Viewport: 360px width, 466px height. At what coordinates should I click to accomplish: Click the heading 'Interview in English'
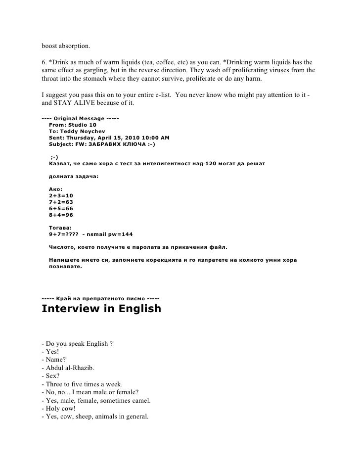coord(101,309)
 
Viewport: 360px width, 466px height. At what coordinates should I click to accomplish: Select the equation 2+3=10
coord(61,196)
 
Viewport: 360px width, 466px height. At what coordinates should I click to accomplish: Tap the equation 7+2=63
coord(61,202)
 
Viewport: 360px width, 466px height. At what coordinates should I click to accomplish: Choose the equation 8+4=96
coord(61,216)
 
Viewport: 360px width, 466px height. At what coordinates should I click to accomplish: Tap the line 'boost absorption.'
coord(66,46)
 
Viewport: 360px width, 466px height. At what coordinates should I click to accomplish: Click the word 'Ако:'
coord(56,189)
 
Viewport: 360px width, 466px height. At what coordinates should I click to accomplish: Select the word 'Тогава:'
coord(61,228)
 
